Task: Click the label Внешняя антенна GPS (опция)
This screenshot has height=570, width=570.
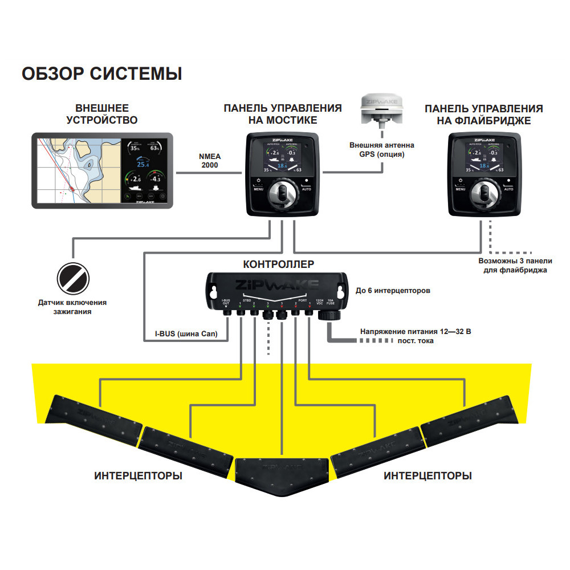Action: tap(381, 149)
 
